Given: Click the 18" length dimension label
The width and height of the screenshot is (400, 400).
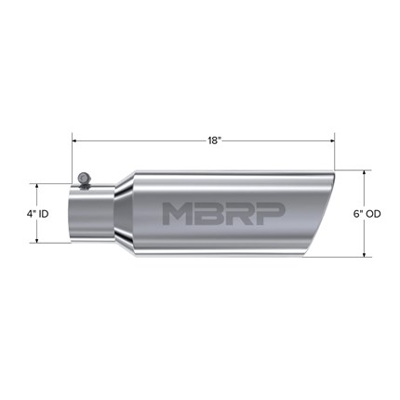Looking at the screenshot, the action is pyautogui.click(x=213, y=140).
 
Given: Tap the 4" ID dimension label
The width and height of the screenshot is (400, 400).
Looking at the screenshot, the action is pyautogui.click(x=37, y=214).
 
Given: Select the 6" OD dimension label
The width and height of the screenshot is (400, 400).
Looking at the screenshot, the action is pyautogui.click(x=367, y=214).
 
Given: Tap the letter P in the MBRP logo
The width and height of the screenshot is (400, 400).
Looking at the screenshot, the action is pyautogui.click(x=271, y=214).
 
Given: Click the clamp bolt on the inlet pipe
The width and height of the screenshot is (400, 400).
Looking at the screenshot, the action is pyautogui.click(x=84, y=180).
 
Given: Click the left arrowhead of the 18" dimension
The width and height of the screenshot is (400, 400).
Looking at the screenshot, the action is pyautogui.click(x=74, y=140).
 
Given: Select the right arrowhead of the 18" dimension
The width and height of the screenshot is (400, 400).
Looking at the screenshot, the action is pyautogui.click(x=332, y=140).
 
